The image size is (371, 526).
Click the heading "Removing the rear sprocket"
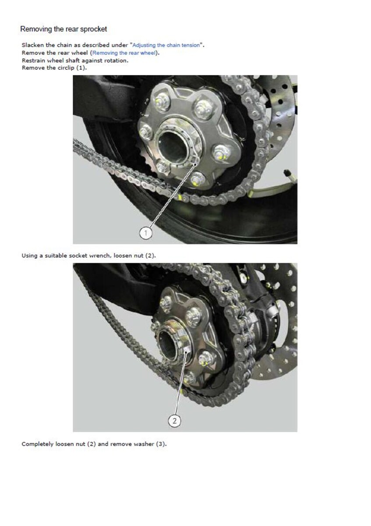pyautogui.click(x=64, y=29)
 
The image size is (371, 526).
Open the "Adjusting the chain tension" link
pyautogui.click(x=166, y=45)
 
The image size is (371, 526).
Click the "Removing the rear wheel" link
pyautogui.click(x=124, y=53)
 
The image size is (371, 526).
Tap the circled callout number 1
pyautogui.click(x=146, y=233)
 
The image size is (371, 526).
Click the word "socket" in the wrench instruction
pyautogui.click(x=78, y=256)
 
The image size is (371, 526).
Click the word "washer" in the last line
pyautogui.click(x=144, y=444)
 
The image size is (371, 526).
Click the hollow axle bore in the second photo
pyautogui.click(x=168, y=346)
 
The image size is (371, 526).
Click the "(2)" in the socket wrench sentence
pyautogui.click(x=150, y=256)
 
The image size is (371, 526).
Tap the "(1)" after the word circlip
pyautogui.click(x=81, y=68)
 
